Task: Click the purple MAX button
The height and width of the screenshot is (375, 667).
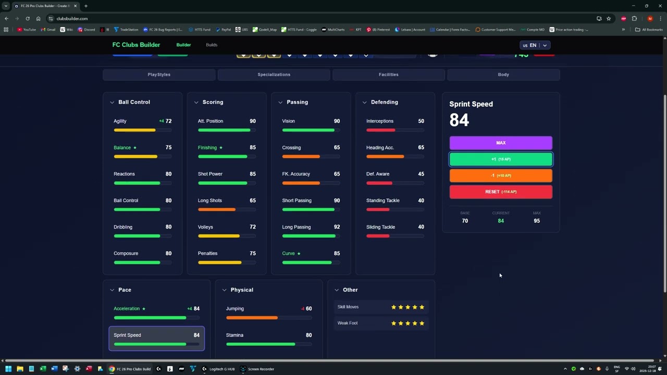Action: [x=500, y=143]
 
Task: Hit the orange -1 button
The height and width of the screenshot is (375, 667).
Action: [x=500, y=176]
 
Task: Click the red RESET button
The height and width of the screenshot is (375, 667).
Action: [x=500, y=192]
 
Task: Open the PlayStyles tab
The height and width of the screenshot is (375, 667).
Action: [x=159, y=74]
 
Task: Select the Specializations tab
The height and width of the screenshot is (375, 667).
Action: [x=274, y=74]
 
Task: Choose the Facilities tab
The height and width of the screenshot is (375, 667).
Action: [x=388, y=74]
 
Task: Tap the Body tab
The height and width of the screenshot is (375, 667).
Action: [x=503, y=74]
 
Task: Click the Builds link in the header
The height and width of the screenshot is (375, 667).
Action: [x=212, y=45]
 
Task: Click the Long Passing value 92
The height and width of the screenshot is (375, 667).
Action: [x=337, y=227]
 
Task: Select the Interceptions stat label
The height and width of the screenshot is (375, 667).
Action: [x=380, y=121]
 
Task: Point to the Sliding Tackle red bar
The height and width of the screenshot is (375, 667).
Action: [x=378, y=236]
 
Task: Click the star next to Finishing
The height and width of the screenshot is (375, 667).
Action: [x=221, y=147]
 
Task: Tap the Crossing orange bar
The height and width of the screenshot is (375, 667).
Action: [x=301, y=156]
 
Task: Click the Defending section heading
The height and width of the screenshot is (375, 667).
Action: [x=384, y=102]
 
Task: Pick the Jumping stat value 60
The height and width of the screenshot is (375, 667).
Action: [x=308, y=309]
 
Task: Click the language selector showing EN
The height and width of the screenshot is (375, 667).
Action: [x=535, y=45]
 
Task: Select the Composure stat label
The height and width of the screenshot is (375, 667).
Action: [x=126, y=254]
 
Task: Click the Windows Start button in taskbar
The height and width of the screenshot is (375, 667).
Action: [x=8, y=369]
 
